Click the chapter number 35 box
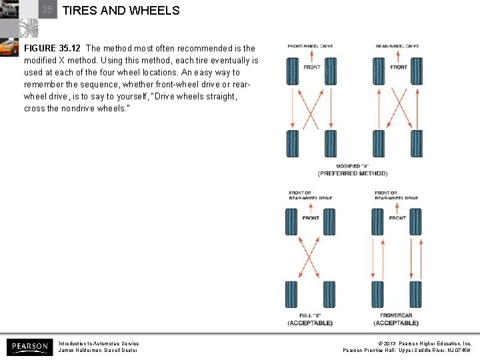point(47,9)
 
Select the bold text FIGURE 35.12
point(53,48)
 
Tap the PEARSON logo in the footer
point(29,347)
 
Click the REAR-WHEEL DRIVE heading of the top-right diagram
point(397,47)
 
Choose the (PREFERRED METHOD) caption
point(352,173)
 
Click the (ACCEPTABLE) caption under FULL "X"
point(310,323)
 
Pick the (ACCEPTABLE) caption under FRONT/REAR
point(396,323)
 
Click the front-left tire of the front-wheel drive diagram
point(292,71)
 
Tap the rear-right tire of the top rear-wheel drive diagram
point(417,144)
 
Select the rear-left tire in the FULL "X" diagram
point(291,295)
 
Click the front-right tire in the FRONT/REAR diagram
point(416,221)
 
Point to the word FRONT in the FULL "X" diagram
point(311,218)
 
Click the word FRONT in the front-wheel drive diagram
point(311,67)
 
